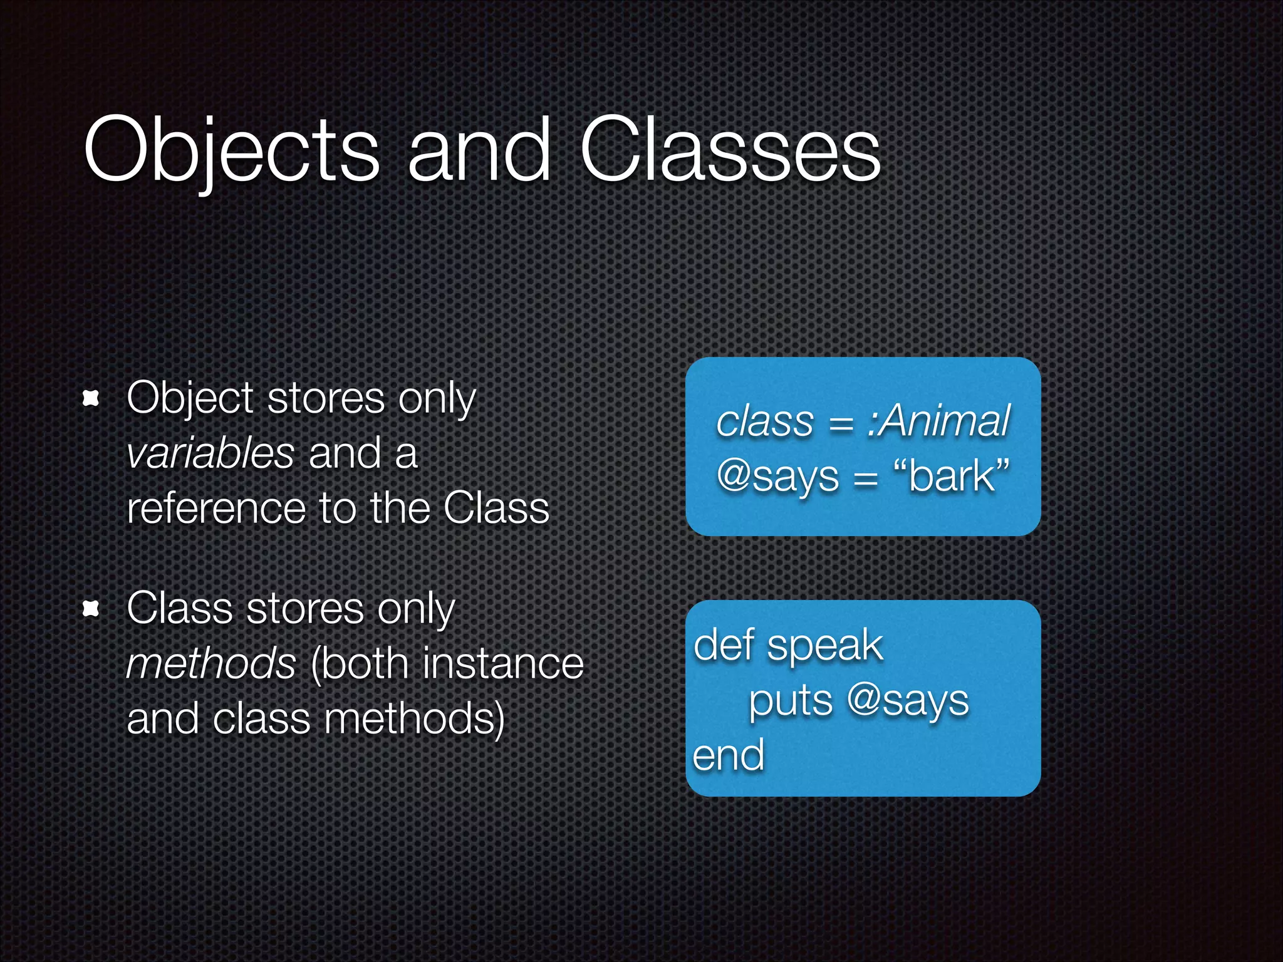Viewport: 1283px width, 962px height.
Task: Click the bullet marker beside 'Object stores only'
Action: point(91,398)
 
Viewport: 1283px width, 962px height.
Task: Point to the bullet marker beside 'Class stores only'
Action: point(91,608)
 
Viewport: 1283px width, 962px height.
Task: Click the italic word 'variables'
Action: point(210,453)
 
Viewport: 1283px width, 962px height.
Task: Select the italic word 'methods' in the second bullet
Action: point(211,663)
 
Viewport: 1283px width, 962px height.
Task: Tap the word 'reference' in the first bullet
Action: point(216,508)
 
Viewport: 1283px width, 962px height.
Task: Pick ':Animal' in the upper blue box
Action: point(938,420)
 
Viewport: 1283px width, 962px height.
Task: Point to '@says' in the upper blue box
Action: point(777,476)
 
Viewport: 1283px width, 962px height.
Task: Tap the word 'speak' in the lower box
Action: point(825,646)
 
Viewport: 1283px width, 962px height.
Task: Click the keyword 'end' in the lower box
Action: point(729,755)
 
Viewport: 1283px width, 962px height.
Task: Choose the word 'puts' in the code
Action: point(791,701)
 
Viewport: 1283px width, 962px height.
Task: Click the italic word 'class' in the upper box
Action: point(764,421)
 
